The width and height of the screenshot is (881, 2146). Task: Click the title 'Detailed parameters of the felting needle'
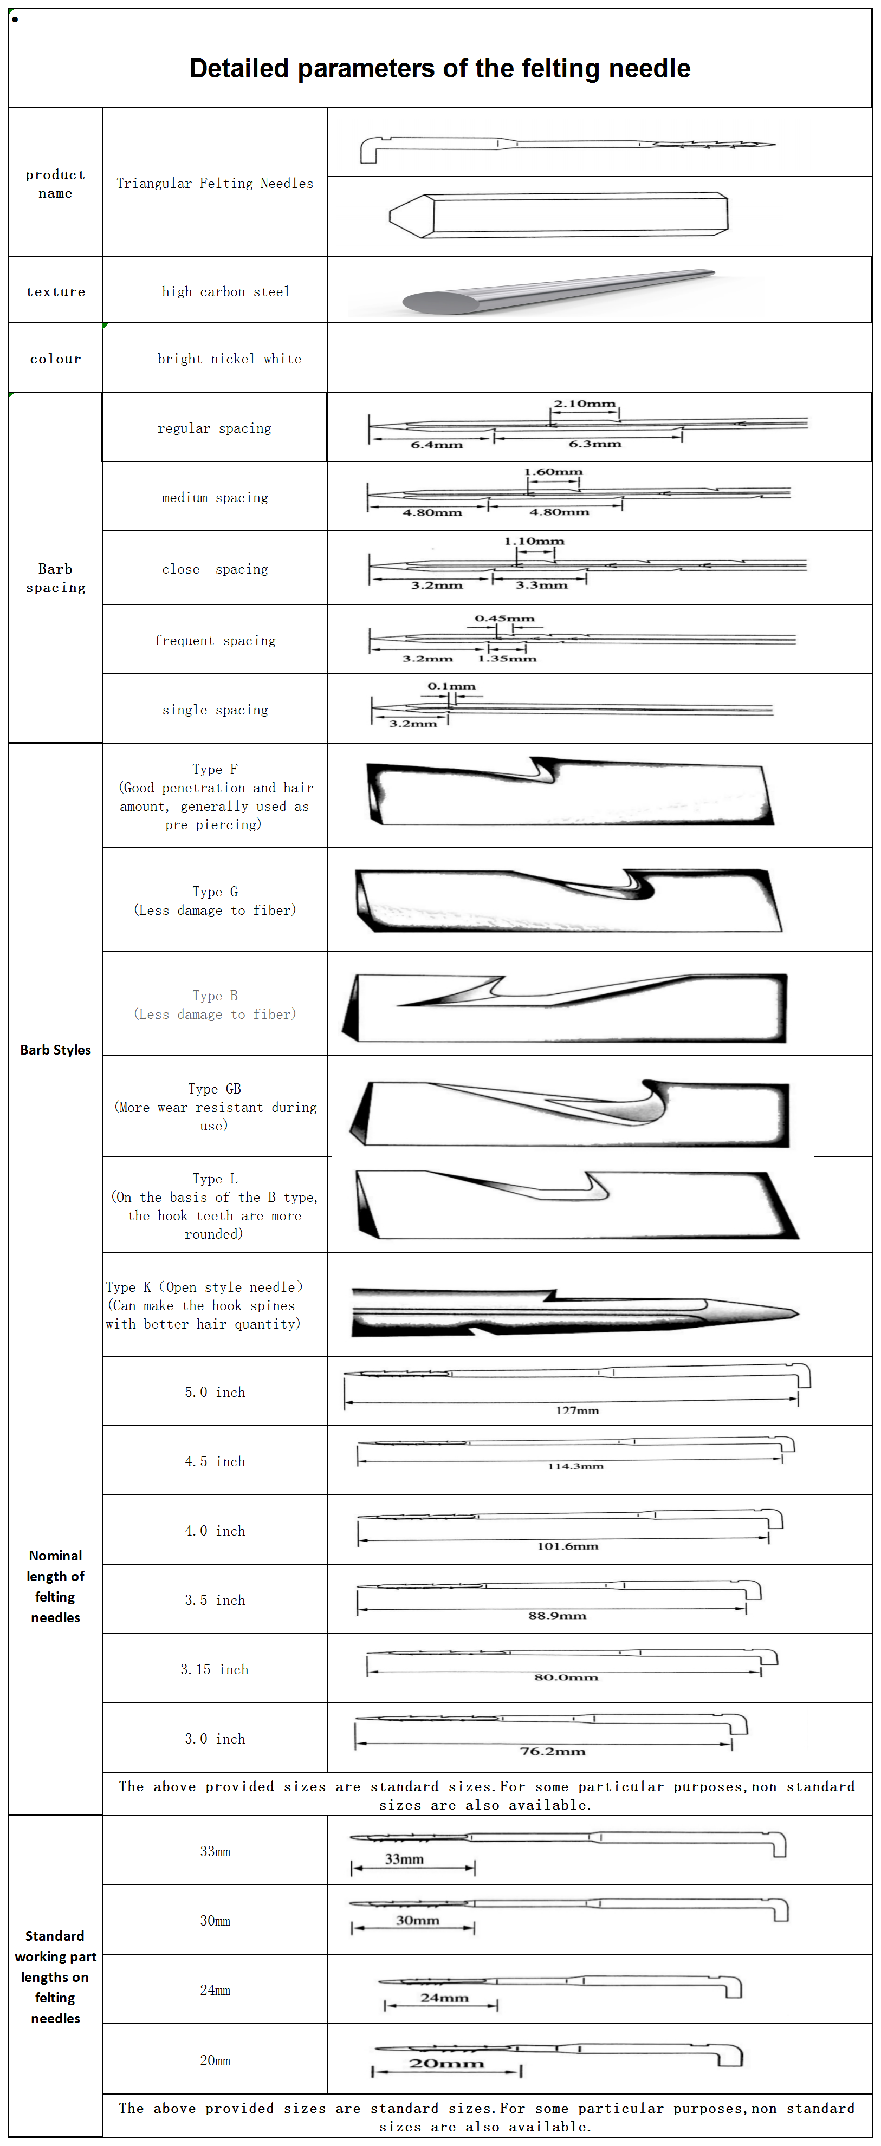click(x=439, y=68)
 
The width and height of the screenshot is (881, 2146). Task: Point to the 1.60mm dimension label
click(x=553, y=472)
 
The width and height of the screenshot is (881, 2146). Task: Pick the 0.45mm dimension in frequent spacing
click(x=504, y=618)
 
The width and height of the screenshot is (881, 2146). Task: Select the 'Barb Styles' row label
click(x=55, y=1050)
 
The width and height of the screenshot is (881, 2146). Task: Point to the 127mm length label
click(x=577, y=1410)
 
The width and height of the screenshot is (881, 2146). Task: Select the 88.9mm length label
click(x=557, y=1615)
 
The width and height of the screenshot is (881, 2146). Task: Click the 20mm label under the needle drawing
click(x=446, y=2064)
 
